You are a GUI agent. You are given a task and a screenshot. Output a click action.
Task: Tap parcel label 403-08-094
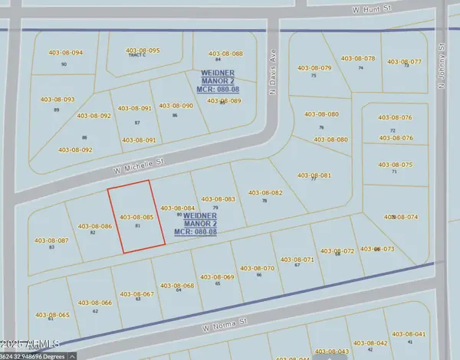click(x=65, y=53)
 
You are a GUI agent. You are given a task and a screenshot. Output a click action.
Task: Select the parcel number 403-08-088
click(x=225, y=53)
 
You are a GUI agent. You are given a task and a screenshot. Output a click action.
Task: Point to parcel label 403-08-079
click(x=314, y=68)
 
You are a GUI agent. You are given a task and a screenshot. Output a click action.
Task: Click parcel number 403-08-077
click(x=405, y=61)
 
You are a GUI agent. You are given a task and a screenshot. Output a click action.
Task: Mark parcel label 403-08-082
click(x=266, y=192)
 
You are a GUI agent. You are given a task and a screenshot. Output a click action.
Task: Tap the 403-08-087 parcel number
click(x=51, y=241)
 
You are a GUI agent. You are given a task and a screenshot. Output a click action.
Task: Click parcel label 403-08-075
click(x=396, y=165)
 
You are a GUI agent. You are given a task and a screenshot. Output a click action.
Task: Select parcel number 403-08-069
click(x=217, y=277)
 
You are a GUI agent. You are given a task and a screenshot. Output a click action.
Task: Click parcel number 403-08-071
click(x=297, y=259)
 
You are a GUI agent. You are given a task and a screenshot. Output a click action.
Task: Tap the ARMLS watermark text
click(x=27, y=343)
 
